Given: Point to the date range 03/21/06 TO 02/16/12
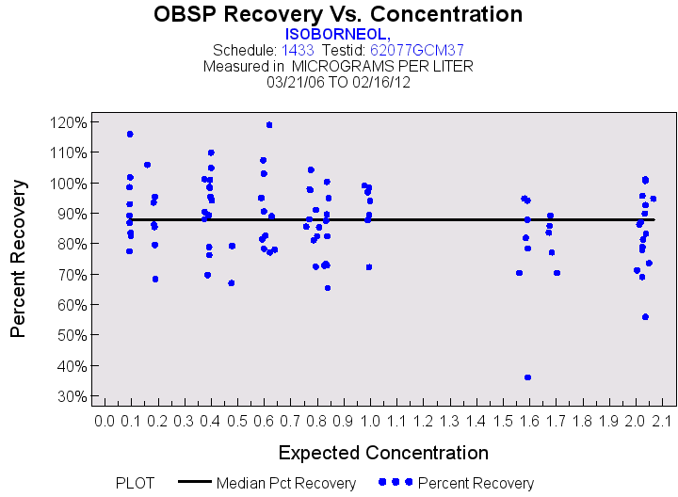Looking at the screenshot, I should [x=338, y=82].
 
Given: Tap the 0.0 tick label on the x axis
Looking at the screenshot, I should [x=105, y=419].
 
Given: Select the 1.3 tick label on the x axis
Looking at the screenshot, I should [x=450, y=419].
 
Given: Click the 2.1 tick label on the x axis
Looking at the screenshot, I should [x=661, y=419].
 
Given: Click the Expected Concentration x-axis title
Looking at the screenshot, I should [x=383, y=453].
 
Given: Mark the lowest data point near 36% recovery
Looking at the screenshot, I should [x=527, y=377].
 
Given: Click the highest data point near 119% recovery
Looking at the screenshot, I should [x=269, y=124].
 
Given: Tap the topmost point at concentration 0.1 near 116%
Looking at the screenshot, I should [x=130, y=134].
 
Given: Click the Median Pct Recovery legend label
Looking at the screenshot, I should [x=286, y=484].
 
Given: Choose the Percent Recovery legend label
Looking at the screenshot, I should [x=476, y=484].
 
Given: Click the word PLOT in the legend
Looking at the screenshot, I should [x=135, y=484].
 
